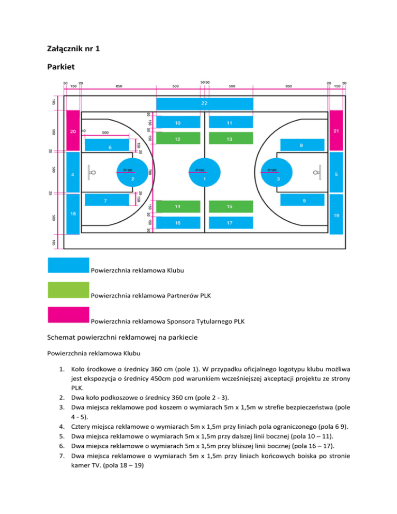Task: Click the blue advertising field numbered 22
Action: click(205, 104)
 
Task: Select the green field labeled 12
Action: click(178, 139)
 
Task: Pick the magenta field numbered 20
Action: click(73, 131)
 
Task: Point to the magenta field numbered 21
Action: click(337, 131)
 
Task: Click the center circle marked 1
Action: click(205, 171)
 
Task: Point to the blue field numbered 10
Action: click(178, 123)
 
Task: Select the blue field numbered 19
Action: click(337, 214)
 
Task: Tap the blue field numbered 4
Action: click(73, 174)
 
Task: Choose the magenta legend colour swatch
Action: click(68, 321)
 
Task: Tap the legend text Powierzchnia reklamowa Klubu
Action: click(137, 270)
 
